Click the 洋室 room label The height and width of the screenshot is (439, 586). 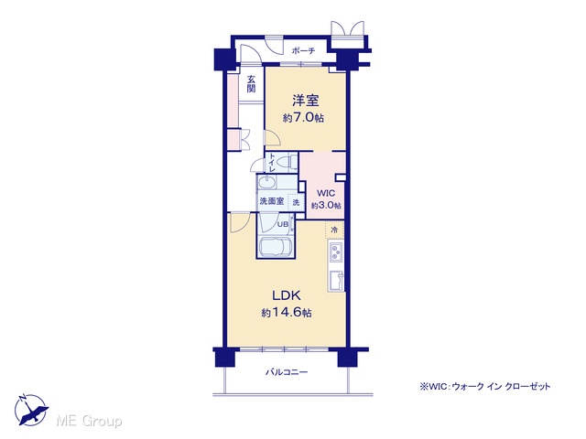click(x=305, y=101)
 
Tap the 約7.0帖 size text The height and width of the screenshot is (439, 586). click(x=303, y=118)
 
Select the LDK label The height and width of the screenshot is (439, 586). click(x=287, y=295)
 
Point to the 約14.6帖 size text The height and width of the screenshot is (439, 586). click(x=287, y=312)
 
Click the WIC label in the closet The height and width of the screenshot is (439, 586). click(x=326, y=193)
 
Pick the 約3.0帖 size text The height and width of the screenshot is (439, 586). click(x=326, y=205)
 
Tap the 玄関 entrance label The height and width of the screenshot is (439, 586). click(x=251, y=84)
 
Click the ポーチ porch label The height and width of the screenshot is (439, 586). click(x=303, y=51)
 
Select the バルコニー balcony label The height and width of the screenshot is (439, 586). click(x=287, y=372)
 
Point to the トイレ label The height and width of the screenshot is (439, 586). click(x=272, y=163)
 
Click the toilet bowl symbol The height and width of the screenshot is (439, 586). click(x=288, y=163)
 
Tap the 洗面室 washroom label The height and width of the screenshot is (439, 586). click(x=272, y=201)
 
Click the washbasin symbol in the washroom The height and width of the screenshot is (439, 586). click(x=266, y=183)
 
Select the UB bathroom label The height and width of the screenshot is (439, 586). click(x=283, y=224)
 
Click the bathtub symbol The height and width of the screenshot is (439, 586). click(x=277, y=246)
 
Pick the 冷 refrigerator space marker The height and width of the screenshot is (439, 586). click(x=334, y=230)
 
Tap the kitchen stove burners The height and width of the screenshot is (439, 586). click(x=335, y=252)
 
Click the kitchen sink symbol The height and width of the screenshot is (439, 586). click(x=336, y=280)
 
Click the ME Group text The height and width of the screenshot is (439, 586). click(x=90, y=422)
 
